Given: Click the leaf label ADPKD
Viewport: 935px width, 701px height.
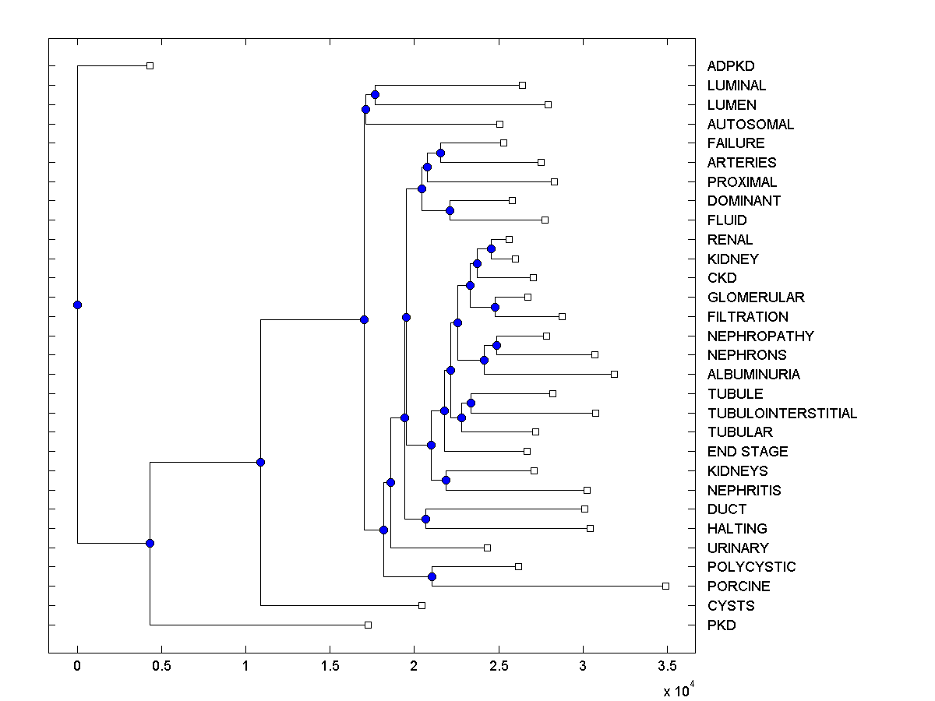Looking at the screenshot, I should tap(730, 66).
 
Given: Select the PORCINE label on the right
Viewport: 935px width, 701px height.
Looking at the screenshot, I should tap(738, 587).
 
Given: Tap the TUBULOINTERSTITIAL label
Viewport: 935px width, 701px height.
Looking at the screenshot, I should tap(782, 414).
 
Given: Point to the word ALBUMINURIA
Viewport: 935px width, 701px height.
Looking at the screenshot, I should tap(753, 375).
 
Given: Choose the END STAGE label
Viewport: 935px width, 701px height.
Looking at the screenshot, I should tap(747, 452).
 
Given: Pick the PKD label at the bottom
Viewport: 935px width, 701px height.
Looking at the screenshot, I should tap(721, 625).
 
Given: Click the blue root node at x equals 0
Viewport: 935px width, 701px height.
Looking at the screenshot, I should tap(77, 305).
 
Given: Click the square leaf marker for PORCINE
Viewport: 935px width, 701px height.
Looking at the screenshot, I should tap(665, 586).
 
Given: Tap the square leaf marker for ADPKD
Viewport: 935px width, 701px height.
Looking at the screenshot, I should tap(150, 65).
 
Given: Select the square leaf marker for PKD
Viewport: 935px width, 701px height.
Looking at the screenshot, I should tap(369, 625).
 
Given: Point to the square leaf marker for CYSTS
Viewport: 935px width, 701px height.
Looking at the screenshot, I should tap(422, 605).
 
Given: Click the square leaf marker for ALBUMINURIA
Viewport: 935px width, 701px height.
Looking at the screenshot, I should tap(614, 374).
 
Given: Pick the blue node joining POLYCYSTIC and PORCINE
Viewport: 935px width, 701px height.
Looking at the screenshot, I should tap(432, 576).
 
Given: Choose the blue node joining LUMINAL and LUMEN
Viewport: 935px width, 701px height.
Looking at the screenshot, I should tap(375, 94).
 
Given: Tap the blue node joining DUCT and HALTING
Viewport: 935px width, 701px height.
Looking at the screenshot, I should tap(425, 519).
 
